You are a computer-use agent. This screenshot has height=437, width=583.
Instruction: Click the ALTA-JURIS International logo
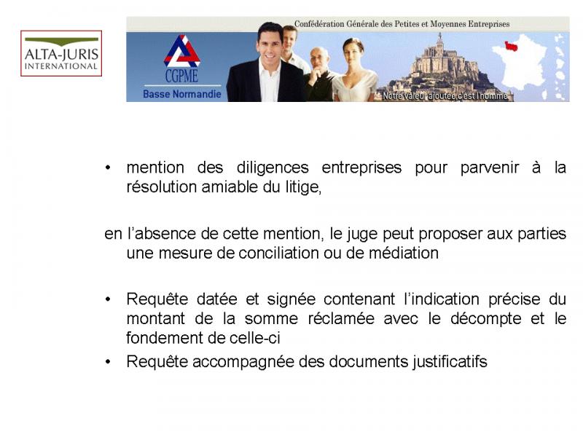pos(61,53)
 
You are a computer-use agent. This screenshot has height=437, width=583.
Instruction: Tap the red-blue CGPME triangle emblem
pos(181,51)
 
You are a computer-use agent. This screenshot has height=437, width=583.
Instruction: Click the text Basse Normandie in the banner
pos(181,94)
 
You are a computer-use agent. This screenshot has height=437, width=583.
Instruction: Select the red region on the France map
pos(511,46)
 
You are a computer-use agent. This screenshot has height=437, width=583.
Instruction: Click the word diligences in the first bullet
pos(273,168)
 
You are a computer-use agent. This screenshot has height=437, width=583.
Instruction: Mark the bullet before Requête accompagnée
pos(108,361)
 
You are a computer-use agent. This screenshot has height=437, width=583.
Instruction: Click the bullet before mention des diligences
pos(108,168)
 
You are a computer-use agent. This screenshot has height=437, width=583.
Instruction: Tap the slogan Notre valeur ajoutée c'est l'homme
pos(445,96)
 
